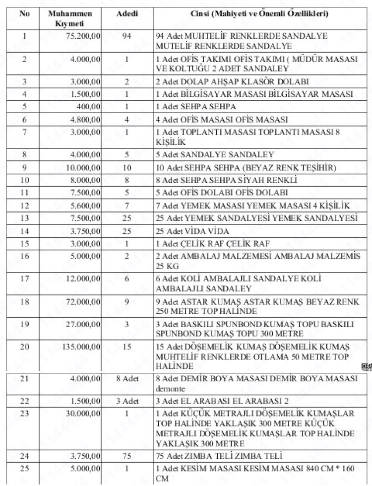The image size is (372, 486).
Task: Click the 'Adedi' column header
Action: point(126,14)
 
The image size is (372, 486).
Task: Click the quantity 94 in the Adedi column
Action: point(126,36)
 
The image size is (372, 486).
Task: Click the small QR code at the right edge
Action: point(367,367)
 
